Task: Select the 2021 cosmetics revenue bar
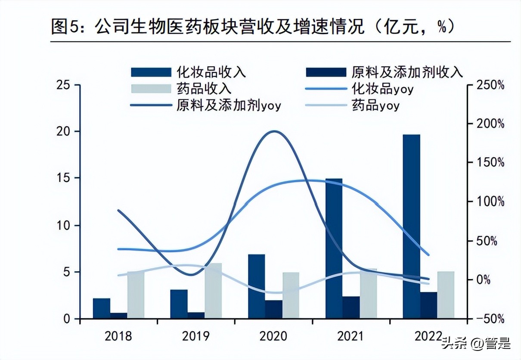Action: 334,248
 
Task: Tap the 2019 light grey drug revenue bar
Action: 213,291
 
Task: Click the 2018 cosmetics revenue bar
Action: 101,308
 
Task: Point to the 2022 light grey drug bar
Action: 446,295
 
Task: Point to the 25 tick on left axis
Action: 63,84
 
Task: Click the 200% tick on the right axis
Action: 490,124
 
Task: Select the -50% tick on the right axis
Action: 490,319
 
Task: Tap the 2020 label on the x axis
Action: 273,336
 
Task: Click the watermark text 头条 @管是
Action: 476,343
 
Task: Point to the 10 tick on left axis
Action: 63,225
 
